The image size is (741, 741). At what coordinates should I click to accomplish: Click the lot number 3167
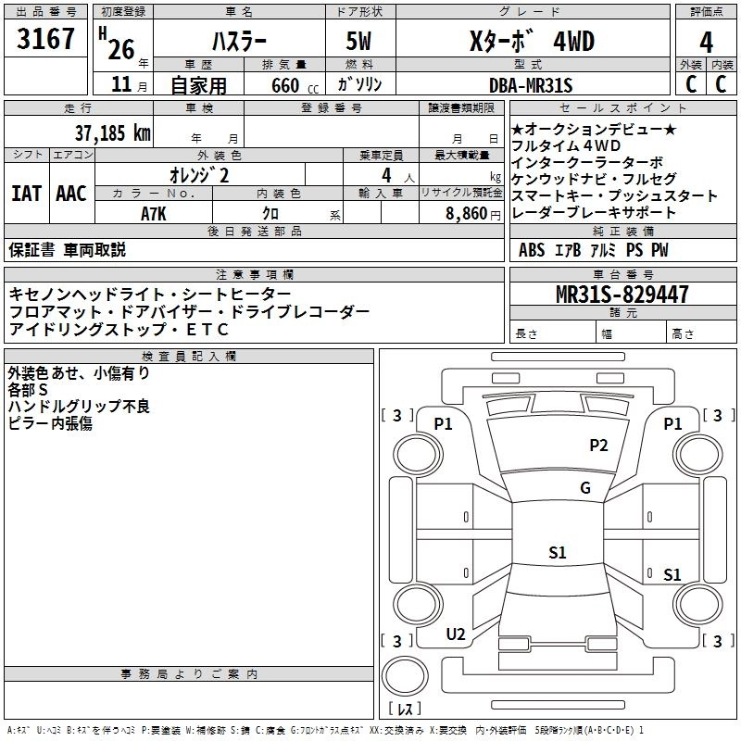pos(45,39)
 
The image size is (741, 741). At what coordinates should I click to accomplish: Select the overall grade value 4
pos(706,43)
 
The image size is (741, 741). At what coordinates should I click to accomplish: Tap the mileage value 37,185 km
pos(112,133)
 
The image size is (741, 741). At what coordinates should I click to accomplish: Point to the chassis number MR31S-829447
pos(622,295)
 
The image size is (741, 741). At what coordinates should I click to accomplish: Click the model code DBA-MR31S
pos(531,85)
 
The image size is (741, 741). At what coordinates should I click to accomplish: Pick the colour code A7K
pos(154,214)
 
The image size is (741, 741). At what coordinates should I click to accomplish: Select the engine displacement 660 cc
pos(295,86)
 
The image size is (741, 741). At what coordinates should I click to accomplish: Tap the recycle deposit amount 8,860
pos(466,214)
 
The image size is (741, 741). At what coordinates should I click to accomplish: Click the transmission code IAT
pos(27,194)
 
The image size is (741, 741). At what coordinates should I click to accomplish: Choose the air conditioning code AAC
pos(71,194)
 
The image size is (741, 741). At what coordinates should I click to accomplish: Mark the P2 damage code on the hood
pos(598,445)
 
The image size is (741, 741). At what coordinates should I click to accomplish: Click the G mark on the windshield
pos(585,487)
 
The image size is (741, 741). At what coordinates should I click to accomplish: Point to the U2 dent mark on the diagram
pos(456,634)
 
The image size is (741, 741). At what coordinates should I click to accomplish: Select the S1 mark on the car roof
pos(558,552)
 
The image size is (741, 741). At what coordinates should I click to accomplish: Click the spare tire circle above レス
pos(405,676)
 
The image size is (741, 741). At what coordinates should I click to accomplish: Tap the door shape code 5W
pos(358,41)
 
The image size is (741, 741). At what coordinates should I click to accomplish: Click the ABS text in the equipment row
pos(532,250)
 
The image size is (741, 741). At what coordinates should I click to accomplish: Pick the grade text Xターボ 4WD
pos(532,41)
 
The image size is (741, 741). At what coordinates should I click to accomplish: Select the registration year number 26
pos(121,50)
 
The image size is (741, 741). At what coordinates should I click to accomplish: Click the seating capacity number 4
pos(386,175)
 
